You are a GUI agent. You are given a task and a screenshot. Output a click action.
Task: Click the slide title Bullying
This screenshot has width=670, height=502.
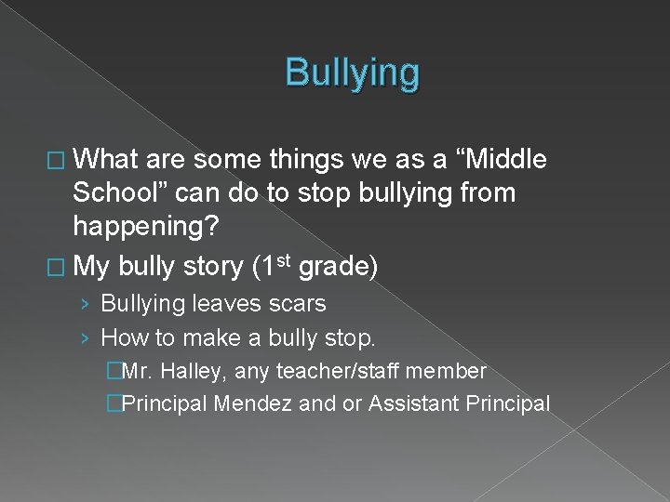click(x=353, y=73)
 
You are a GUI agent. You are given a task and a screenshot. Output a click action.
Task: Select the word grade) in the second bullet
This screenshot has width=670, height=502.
click(x=338, y=268)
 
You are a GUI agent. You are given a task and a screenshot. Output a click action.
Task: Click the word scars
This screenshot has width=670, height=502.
click(x=297, y=303)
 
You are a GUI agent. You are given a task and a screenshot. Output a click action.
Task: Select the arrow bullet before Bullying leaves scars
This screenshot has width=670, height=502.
click(x=87, y=304)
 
